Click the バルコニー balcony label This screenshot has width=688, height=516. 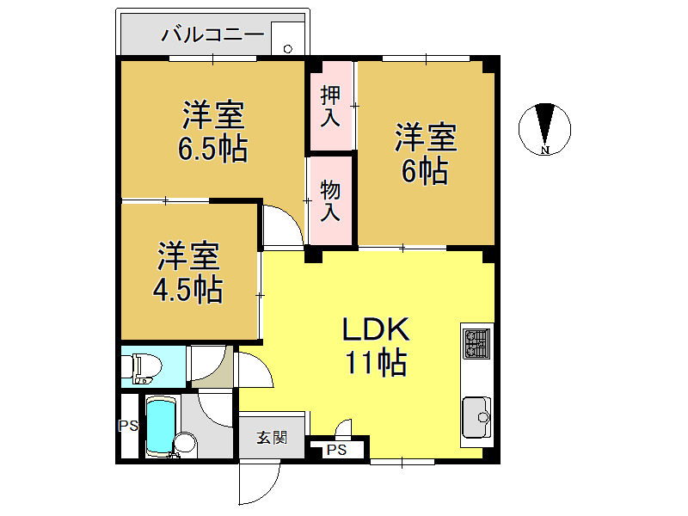(x=213, y=36)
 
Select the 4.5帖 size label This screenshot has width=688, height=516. (x=187, y=290)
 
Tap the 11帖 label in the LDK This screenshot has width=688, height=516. (x=376, y=365)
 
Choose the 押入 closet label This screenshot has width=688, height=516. (x=330, y=106)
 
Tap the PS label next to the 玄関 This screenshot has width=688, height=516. (x=337, y=450)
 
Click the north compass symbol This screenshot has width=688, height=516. (x=544, y=129)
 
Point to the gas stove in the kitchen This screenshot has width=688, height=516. (x=476, y=344)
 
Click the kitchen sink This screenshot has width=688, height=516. (x=477, y=417)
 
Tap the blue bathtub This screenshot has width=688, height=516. (x=159, y=427)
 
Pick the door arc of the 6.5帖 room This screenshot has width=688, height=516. (x=281, y=226)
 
